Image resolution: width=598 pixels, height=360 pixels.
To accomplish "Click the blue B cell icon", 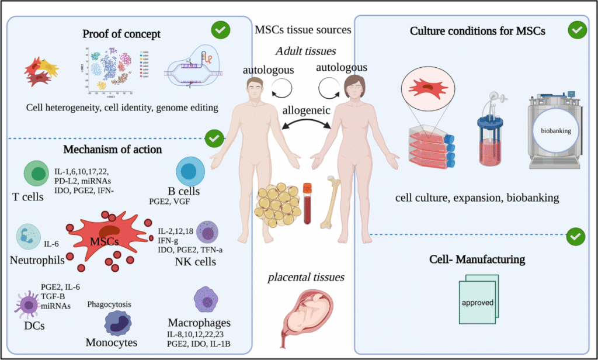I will click(x=189, y=171).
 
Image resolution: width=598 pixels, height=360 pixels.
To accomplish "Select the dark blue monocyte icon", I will click(x=118, y=322).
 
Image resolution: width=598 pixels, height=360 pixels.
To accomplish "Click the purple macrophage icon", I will click(x=206, y=300).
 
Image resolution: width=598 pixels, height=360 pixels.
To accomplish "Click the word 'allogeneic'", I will click(x=298, y=110).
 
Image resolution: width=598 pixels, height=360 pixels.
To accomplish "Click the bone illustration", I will click(x=335, y=199).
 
